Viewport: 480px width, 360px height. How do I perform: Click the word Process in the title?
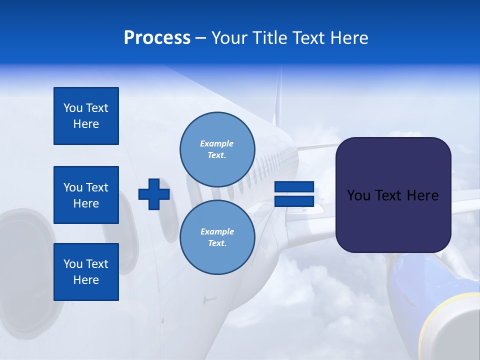(157, 38)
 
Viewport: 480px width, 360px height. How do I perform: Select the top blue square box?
(86, 116)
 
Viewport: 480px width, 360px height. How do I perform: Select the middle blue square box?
(86, 195)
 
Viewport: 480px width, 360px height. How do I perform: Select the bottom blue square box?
(86, 272)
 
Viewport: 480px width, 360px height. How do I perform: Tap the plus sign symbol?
(154, 194)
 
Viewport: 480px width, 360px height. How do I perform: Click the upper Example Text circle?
(217, 149)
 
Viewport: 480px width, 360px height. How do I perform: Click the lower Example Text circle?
(217, 237)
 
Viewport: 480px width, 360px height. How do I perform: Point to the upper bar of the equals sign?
(294, 187)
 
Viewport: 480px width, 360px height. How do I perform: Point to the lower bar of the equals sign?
(294, 201)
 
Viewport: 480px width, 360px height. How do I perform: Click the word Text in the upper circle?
(216, 155)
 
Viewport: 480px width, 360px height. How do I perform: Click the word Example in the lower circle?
(217, 231)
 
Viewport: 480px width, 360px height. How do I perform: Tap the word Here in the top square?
(86, 124)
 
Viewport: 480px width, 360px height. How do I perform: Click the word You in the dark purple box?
(358, 195)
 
